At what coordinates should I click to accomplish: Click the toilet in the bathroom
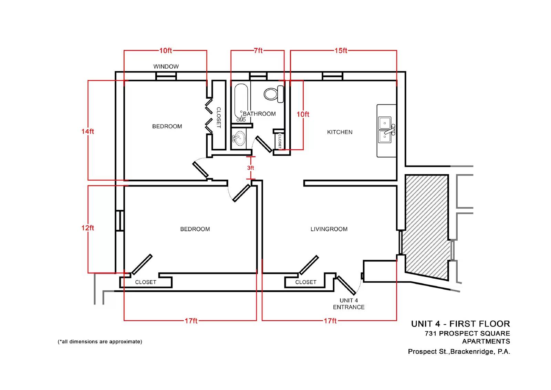[x=274, y=94]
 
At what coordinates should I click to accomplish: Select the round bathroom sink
[x=239, y=139]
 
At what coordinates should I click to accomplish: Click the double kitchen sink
[x=387, y=130]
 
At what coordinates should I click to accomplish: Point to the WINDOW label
[x=166, y=67]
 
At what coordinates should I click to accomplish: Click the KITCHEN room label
[x=340, y=132]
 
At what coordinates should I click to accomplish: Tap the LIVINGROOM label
[x=329, y=229]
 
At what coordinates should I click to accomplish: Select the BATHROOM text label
[x=259, y=114]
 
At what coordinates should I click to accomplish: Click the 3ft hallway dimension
[x=250, y=168]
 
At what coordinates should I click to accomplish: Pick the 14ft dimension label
[x=88, y=131]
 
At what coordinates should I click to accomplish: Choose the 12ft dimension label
[x=88, y=228]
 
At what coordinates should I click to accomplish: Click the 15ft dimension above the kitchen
[x=341, y=50]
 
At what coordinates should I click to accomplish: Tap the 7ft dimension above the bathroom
[x=258, y=50]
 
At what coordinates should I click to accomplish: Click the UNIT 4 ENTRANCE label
[x=349, y=304]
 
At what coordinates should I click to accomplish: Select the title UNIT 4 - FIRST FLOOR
[x=460, y=324]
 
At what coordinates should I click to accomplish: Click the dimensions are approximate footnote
[x=100, y=342]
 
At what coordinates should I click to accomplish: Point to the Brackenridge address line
[x=459, y=352]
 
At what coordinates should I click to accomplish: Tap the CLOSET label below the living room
[x=306, y=282]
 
